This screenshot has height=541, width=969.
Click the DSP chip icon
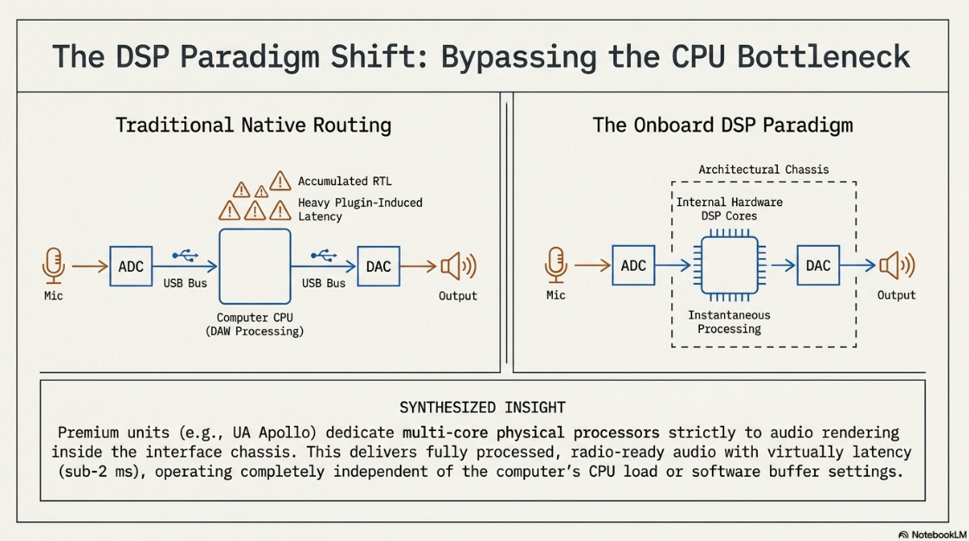pos(729,265)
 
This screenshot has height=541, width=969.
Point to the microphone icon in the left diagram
pos(54,266)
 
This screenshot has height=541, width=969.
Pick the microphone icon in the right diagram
pos(555,265)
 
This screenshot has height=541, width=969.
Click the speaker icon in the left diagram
pos(459,267)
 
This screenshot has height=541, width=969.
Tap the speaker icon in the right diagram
pos(896,265)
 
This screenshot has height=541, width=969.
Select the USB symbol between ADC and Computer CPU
pos(185,255)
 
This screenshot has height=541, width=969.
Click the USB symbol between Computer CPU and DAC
pos(324,255)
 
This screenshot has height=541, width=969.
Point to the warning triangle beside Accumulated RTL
pos(280,181)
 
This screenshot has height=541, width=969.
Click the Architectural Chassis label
pos(764,170)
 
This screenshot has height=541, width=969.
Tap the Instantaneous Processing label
pos(729,321)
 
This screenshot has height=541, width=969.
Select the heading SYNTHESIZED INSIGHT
pos(482,408)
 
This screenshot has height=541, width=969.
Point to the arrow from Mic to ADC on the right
pos(593,265)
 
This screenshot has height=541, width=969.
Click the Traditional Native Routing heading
pos(253,126)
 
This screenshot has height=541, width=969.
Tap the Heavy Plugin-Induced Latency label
pos(360,209)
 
